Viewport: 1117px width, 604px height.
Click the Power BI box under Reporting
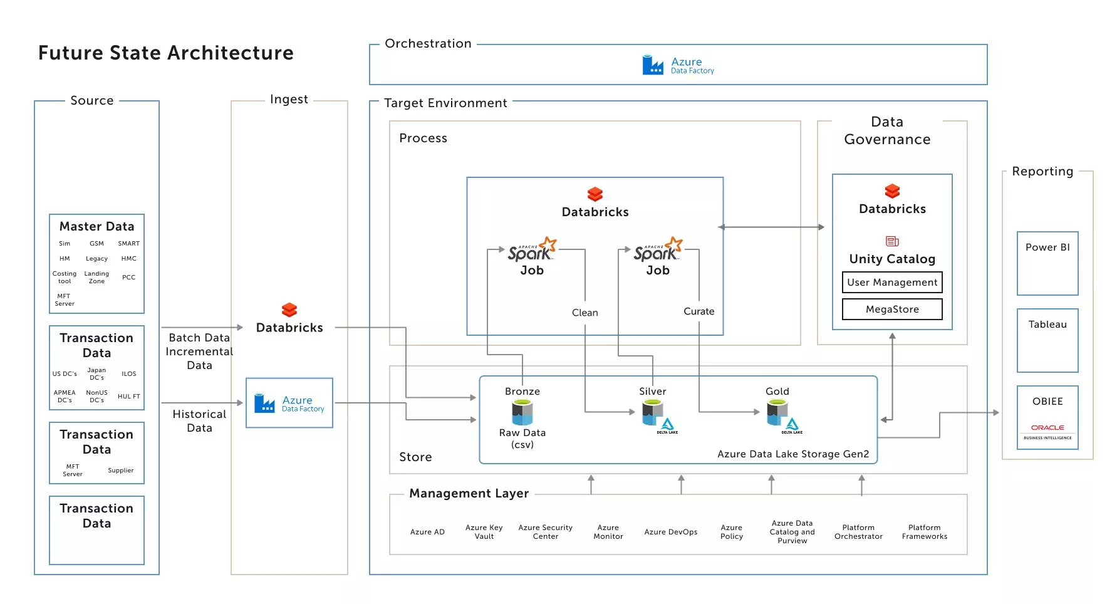[1047, 263]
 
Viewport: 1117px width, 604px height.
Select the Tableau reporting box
[1047, 340]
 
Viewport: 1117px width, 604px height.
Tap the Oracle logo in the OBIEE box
[1047, 428]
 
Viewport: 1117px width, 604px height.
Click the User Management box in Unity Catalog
[891, 283]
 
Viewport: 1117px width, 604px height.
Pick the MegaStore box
[891, 310]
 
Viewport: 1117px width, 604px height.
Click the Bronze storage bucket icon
[522, 412]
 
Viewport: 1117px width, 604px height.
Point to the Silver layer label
[652, 392]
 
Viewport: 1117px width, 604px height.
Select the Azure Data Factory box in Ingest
[289, 403]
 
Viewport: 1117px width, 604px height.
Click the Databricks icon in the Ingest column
[289, 310]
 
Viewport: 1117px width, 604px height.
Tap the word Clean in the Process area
[584, 313]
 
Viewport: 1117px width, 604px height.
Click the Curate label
[699, 311]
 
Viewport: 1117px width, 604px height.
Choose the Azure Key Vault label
[484, 532]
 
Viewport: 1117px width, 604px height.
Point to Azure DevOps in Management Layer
[670, 532]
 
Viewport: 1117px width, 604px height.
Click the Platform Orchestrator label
[858, 532]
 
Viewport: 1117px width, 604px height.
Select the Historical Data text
[199, 421]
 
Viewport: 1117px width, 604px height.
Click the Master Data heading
[96, 226]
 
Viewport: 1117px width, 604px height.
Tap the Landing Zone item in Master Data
[96, 278]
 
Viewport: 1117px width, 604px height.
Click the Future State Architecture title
[165, 53]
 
